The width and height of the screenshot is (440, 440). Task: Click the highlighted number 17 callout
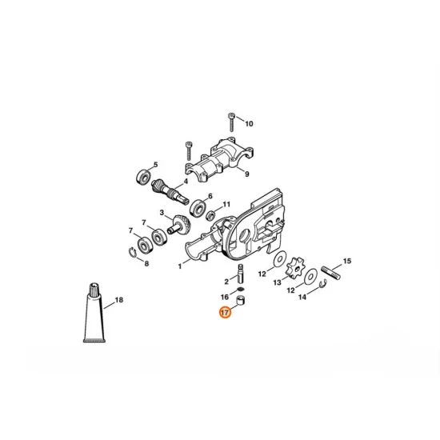(x=226, y=314)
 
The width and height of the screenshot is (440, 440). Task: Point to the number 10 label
(x=249, y=124)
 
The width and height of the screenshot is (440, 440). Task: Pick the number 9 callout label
(x=246, y=174)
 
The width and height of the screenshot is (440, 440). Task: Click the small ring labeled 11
(x=210, y=215)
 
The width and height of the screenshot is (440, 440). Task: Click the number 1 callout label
(x=178, y=266)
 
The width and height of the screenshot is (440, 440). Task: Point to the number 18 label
(x=118, y=301)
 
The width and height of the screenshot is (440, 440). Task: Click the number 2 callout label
(x=226, y=282)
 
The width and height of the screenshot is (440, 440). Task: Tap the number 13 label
(x=278, y=282)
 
